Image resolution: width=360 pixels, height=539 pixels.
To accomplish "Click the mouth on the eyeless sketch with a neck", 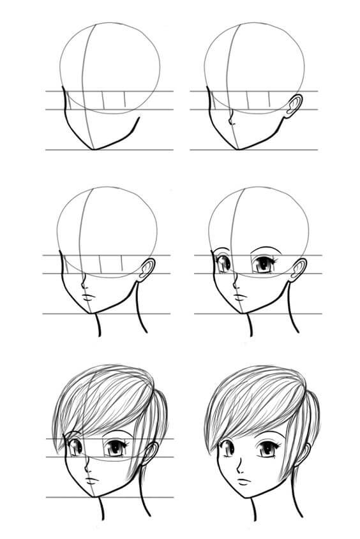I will pos(88,299).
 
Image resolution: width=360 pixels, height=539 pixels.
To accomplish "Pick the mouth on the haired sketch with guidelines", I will pos(91,480).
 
